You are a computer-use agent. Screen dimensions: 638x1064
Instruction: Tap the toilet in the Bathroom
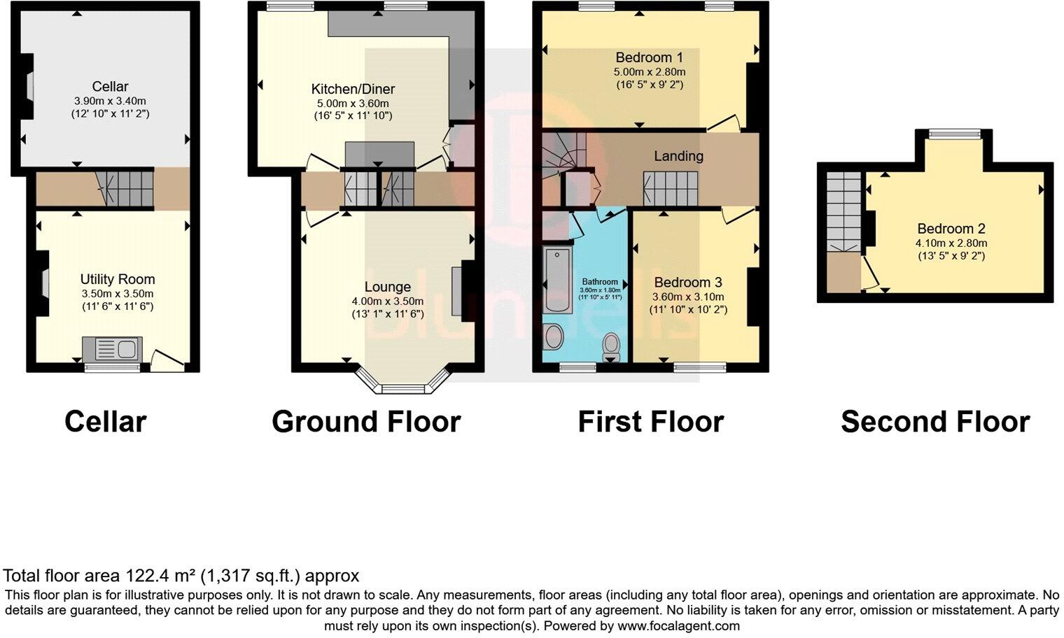(612, 343)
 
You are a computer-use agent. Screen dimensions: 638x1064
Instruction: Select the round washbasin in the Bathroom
(554, 336)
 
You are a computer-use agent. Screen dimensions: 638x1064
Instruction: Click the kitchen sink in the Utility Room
(112, 348)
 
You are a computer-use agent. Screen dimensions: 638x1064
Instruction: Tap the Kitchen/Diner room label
(353, 89)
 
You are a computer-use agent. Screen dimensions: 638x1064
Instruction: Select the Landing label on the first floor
(678, 156)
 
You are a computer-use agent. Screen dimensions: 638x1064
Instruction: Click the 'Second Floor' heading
(934, 422)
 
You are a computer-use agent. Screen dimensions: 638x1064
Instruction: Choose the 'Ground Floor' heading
(366, 422)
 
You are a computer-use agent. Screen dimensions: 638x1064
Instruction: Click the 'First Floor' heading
(650, 422)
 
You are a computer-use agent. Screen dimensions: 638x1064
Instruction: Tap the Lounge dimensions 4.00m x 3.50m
(387, 302)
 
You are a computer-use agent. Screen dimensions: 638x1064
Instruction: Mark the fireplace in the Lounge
(457, 292)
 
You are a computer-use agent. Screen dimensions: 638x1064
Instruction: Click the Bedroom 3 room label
(687, 283)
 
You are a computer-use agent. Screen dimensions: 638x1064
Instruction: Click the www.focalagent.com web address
(677, 626)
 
